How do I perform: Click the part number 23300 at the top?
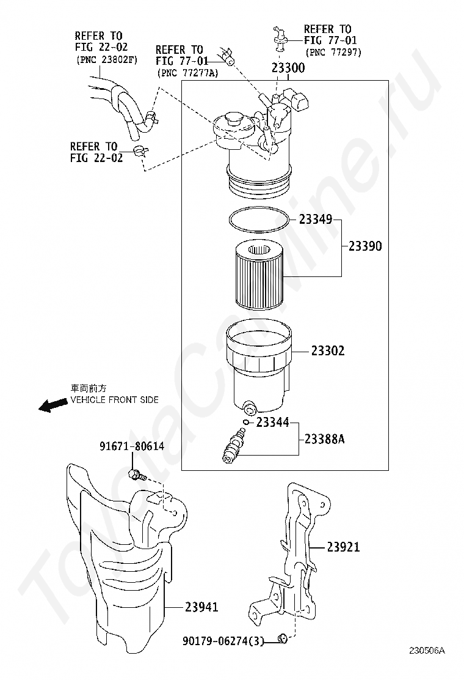(288, 68)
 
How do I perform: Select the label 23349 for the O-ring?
(316, 219)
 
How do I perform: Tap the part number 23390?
(365, 246)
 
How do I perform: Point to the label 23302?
(328, 351)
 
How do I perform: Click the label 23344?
(272, 422)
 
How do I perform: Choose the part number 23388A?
(324, 438)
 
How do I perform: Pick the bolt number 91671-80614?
(132, 446)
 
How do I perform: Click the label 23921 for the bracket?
(343, 547)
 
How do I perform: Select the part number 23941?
(201, 607)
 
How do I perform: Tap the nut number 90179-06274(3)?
(223, 641)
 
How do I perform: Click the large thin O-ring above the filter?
(259, 220)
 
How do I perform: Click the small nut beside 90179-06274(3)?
(282, 640)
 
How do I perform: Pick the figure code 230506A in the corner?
(427, 651)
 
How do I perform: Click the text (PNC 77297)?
(334, 53)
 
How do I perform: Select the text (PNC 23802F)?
(106, 60)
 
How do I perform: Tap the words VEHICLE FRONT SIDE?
(115, 400)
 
